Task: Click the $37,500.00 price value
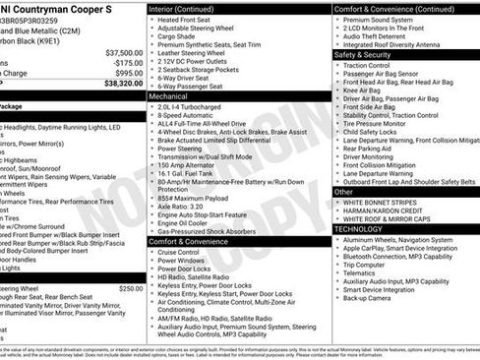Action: [123, 52]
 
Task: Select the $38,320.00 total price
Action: [123, 84]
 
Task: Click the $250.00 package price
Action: [131, 288]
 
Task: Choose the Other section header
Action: [343, 193]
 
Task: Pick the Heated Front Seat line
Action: [187, 21]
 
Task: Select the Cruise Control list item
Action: [183, 252]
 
